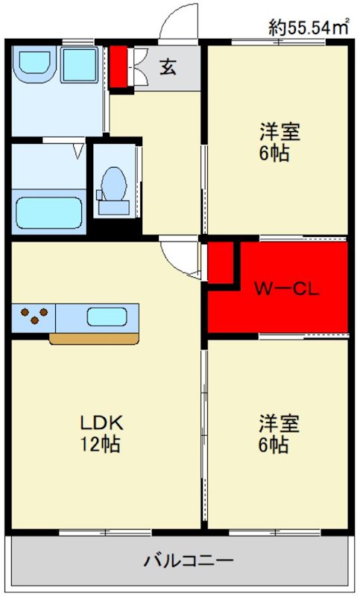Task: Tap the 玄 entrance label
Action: click(x=168, y=67)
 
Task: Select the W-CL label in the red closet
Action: click(x=287, y=288)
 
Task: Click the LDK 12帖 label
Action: click(x=101, y=434)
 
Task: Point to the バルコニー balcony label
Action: click(x=189, y=559)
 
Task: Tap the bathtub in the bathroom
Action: click(x=48, y=212)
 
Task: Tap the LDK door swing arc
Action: click(x=179, y=257)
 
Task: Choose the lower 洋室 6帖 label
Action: click(x=280, y=434)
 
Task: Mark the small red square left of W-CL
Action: click(x=221, y=262)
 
